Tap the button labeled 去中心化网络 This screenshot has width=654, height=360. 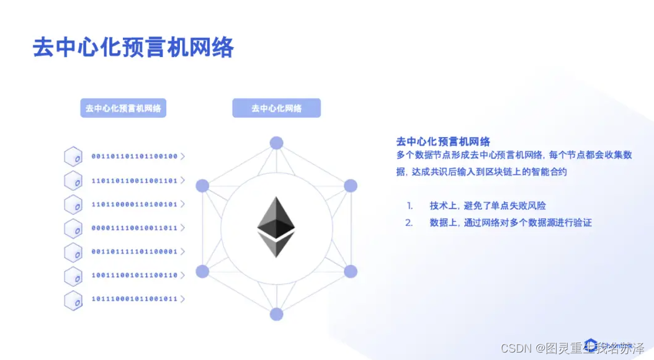[276, 108]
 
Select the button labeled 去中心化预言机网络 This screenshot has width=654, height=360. [123, 108]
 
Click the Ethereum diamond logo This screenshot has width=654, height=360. [276, 227]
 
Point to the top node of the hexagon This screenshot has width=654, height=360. [276, 143]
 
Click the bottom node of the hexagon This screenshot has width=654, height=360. [276, 314]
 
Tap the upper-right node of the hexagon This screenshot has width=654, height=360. [351, 186]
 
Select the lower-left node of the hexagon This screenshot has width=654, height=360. [202, 271]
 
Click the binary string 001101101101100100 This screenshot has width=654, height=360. [135, 156]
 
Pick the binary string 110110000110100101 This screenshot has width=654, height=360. [135, 204]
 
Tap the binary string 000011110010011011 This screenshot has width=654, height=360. [135, 228]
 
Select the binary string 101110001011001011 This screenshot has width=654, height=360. [135, 299]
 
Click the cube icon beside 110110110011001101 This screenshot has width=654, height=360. [73, 181]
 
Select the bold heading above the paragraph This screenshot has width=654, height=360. [443, 142]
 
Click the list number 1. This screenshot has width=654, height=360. [410, 205]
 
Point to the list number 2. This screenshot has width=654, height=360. [409, 222]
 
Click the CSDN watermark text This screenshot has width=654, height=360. [513, 348]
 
